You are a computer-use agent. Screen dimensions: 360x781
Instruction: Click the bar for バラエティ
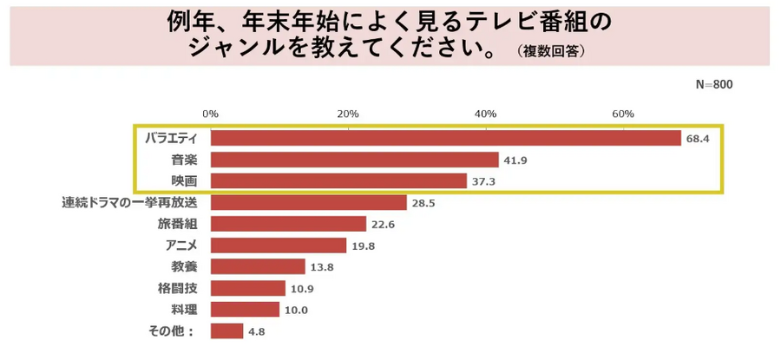click(445, 138)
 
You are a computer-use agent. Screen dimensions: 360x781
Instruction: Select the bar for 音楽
click(354, 160)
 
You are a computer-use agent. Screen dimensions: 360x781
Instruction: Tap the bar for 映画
click(338, 180)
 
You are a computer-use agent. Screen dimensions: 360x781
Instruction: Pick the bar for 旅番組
click(288, 224)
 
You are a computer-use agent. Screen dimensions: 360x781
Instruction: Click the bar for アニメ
click(278, 245)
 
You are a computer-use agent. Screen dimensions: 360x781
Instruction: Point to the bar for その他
click(226, 331)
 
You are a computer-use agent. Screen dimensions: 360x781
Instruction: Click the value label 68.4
click(698, 139)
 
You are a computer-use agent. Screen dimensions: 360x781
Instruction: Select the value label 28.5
click(423, 203)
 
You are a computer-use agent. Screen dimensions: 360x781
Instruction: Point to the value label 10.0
click(297, 310)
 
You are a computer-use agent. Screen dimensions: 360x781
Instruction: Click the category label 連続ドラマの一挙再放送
click(130, 202)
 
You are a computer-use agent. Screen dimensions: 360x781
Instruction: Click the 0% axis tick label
click(210, 115)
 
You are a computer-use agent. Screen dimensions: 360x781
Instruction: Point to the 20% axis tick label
click(347, 115)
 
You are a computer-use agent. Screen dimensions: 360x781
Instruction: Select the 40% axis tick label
click(485, 115)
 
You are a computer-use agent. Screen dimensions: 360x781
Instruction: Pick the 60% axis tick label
click(622, 115)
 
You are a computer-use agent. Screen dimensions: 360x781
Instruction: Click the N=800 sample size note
click(714, 84)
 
